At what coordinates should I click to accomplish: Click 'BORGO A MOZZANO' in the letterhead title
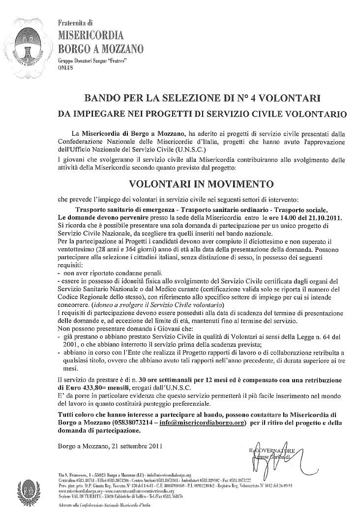100,48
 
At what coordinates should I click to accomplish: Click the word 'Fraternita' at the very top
69,23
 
